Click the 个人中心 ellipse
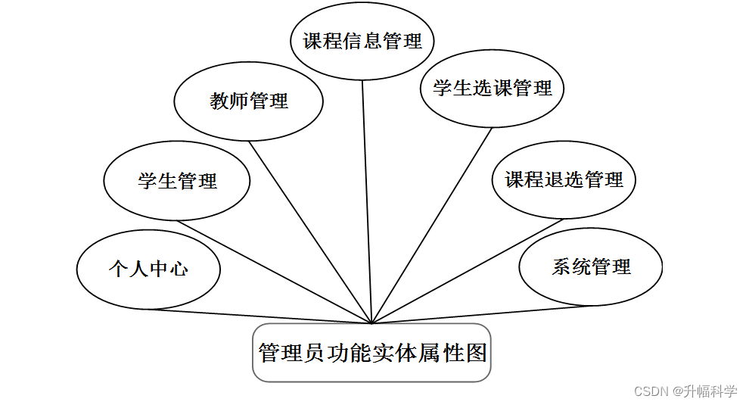tap(148, 269)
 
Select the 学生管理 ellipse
tap(177, 181)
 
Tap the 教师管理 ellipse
tap(249, 101)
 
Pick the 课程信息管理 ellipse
tap(362, 41)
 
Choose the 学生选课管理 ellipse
tap(493, 88)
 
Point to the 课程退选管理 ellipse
tap(564, 180)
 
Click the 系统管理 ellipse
tap(591, 267)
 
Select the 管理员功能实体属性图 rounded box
tap(371, 353)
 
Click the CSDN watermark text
tap(651, 391)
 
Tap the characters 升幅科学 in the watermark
tap(711, 391)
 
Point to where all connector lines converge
tap(371, 323)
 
